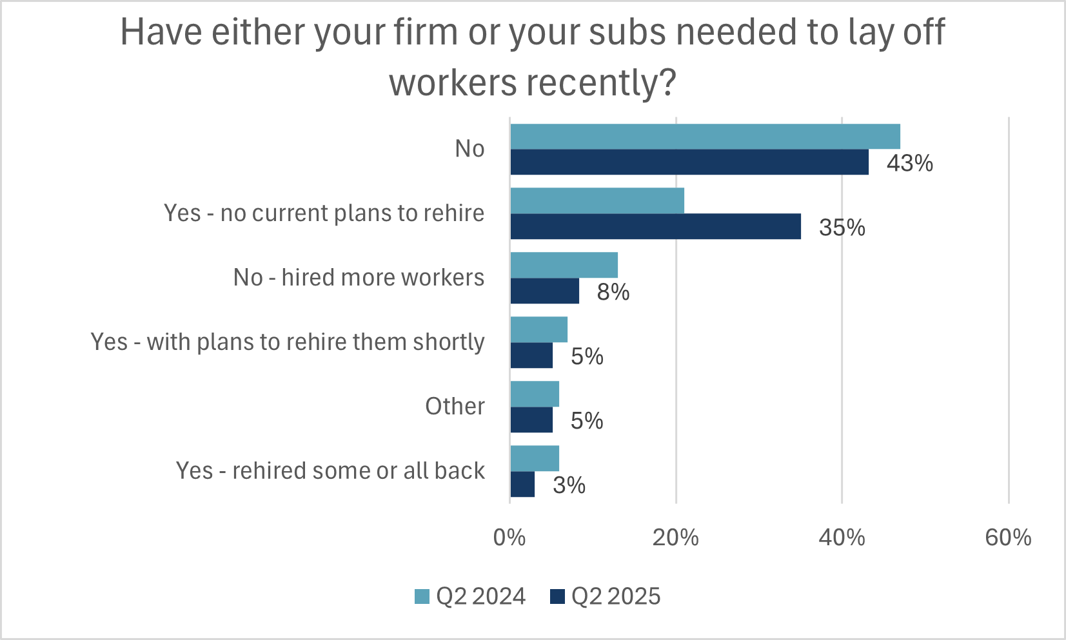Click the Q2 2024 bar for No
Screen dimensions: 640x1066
705,137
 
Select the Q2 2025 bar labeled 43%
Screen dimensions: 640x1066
689,162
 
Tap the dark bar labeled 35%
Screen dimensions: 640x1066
655,227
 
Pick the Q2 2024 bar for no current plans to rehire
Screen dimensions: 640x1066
597,201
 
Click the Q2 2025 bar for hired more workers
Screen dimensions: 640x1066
544,291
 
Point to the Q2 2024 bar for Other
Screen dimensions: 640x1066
535,394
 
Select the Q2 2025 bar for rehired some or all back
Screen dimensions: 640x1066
522,485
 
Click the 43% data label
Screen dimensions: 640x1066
909,163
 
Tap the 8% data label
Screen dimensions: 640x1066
613,292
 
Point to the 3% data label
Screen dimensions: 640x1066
569,485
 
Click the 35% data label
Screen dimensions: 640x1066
842,228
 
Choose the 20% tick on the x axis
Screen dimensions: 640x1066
675,538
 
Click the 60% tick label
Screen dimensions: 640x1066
1008,538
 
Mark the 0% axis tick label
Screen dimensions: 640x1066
509,538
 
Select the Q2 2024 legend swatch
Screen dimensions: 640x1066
422,597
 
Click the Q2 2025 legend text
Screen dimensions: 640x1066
616,597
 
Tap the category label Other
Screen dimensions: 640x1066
455,407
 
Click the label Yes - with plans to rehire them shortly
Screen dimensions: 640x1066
288,342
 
